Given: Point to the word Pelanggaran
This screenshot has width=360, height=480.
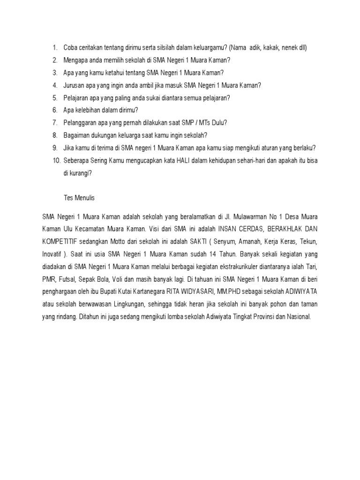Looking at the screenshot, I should coord(81,123).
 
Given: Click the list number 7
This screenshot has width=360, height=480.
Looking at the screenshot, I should coord(55,123).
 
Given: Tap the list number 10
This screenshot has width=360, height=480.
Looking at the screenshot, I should coord(56,160).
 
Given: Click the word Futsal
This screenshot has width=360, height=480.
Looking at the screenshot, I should coord(69,279).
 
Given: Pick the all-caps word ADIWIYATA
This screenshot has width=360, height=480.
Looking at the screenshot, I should coord(298,292).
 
